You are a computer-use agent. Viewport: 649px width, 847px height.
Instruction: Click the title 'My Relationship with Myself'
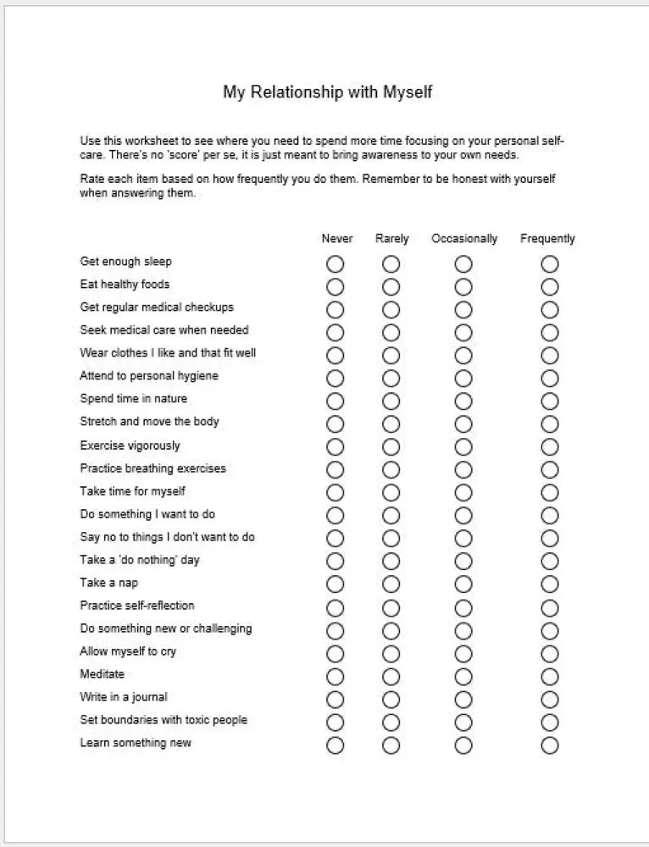click(x=327, y=91)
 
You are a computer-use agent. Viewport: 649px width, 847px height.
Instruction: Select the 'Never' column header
click(x=337, y=239)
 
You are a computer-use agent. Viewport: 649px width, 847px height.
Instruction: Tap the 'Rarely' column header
click(x=391, y=239)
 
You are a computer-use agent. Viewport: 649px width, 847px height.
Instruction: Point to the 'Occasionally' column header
click(x=464, y=239)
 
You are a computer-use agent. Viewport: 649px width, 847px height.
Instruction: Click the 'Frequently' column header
click(x=547, y=239)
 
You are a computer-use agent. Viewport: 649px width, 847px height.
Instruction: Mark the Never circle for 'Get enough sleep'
click(x=336, y=264)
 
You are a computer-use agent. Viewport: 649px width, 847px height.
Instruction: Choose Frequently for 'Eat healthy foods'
click(x=550, y=287)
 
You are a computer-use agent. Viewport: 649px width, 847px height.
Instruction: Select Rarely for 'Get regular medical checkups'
click(x=391, y=310)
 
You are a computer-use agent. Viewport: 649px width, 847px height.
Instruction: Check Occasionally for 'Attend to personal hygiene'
click(x=463, y=379)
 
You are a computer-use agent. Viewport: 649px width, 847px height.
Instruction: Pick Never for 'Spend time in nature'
click(x=336, y=401)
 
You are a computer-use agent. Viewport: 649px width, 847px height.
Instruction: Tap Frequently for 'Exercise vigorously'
click(x=550, y=447)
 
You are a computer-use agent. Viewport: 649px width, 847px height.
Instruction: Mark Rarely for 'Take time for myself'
click(x=391, y=493)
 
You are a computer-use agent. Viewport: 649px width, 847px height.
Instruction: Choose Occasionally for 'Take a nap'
click(x=463, y=584)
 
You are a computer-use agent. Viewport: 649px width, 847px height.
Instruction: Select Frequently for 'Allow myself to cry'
click(x=550, y=654)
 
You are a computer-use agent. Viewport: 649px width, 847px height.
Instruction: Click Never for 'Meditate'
click(x=336, y=677)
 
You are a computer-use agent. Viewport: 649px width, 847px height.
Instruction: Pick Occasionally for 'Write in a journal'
click(x=463, y=700)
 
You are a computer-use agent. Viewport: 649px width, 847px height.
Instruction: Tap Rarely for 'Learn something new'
click(x=391, y=745)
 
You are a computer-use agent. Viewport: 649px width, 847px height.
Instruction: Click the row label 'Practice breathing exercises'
click(x=153, y=468)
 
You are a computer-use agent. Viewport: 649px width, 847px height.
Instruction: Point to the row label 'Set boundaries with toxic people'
click(x=164, y=720)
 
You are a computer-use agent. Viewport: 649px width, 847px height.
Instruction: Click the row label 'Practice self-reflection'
click(x=137, y=606)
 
